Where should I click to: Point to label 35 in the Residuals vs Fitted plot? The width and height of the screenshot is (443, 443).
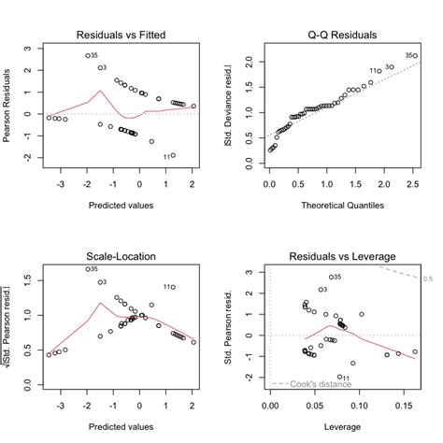click(94, 56)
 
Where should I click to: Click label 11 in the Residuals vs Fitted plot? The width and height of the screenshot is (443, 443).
click(164, 156)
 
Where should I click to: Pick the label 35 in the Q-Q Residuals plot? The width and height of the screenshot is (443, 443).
click(409, 56)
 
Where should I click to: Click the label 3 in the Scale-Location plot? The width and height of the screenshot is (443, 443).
click(103, 281)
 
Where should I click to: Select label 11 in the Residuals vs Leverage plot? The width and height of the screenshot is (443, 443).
click(344, 378)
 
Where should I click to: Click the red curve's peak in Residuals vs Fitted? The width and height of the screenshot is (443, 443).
click(99, 91)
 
